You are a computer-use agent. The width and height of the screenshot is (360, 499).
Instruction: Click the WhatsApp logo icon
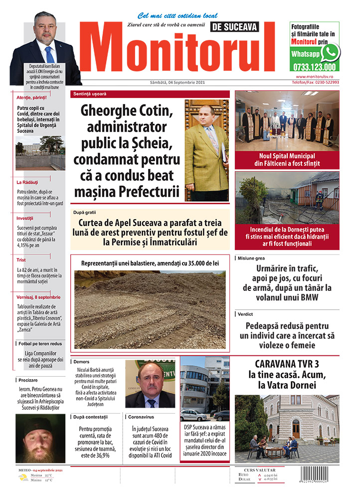coord(330,52)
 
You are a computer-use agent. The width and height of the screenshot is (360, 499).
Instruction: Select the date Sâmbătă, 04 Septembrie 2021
coord(177,82)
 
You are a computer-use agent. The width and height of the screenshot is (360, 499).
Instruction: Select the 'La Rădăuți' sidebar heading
coord(27,182)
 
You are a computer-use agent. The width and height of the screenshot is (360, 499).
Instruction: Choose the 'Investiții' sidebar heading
coord(24,218)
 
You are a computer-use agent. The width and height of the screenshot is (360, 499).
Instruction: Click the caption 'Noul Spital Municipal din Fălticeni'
coord(287,159)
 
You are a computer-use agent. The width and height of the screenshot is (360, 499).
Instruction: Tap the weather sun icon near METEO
coord(22,478)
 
